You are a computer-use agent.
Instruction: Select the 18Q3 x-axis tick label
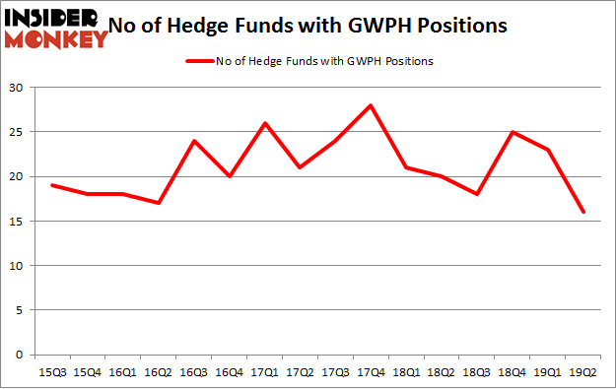[x=476, y=371]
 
